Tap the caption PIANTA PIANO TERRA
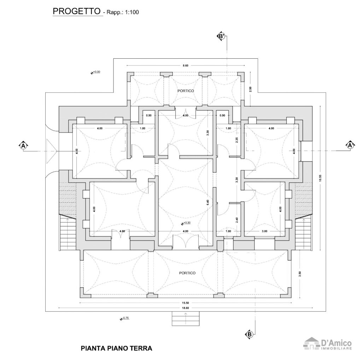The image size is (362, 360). pyautogui.click(x=116, y=348)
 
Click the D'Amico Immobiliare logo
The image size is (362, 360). pyautogui.click(x=328, y=344)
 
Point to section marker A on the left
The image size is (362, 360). pyautogui.click(x=23, y=145)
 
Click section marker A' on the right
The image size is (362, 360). pyautogui.click(x=350, y=145)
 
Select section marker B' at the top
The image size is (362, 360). pyautogui.click(x=221, y=36)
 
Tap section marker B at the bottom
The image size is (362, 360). pyautogui.click(x=249, y=334)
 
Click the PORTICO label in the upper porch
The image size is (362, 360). pyautogui.click(x=186, y=91)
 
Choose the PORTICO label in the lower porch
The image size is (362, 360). pyautogui.click(x=187, y=273)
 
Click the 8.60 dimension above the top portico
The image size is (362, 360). pyautogui.click(x=185, y=65)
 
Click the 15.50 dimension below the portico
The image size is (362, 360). pyautogui.click(x=185, y=303)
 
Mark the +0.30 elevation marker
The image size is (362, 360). pyautogui.click(x=186, y=223)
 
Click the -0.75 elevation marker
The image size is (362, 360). pyautogui.click(x=124, y=318)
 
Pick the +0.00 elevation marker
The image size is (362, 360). pyautogui.click(x=95, y=72)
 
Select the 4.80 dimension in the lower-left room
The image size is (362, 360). pyautogui.click(x=122, y=231)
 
